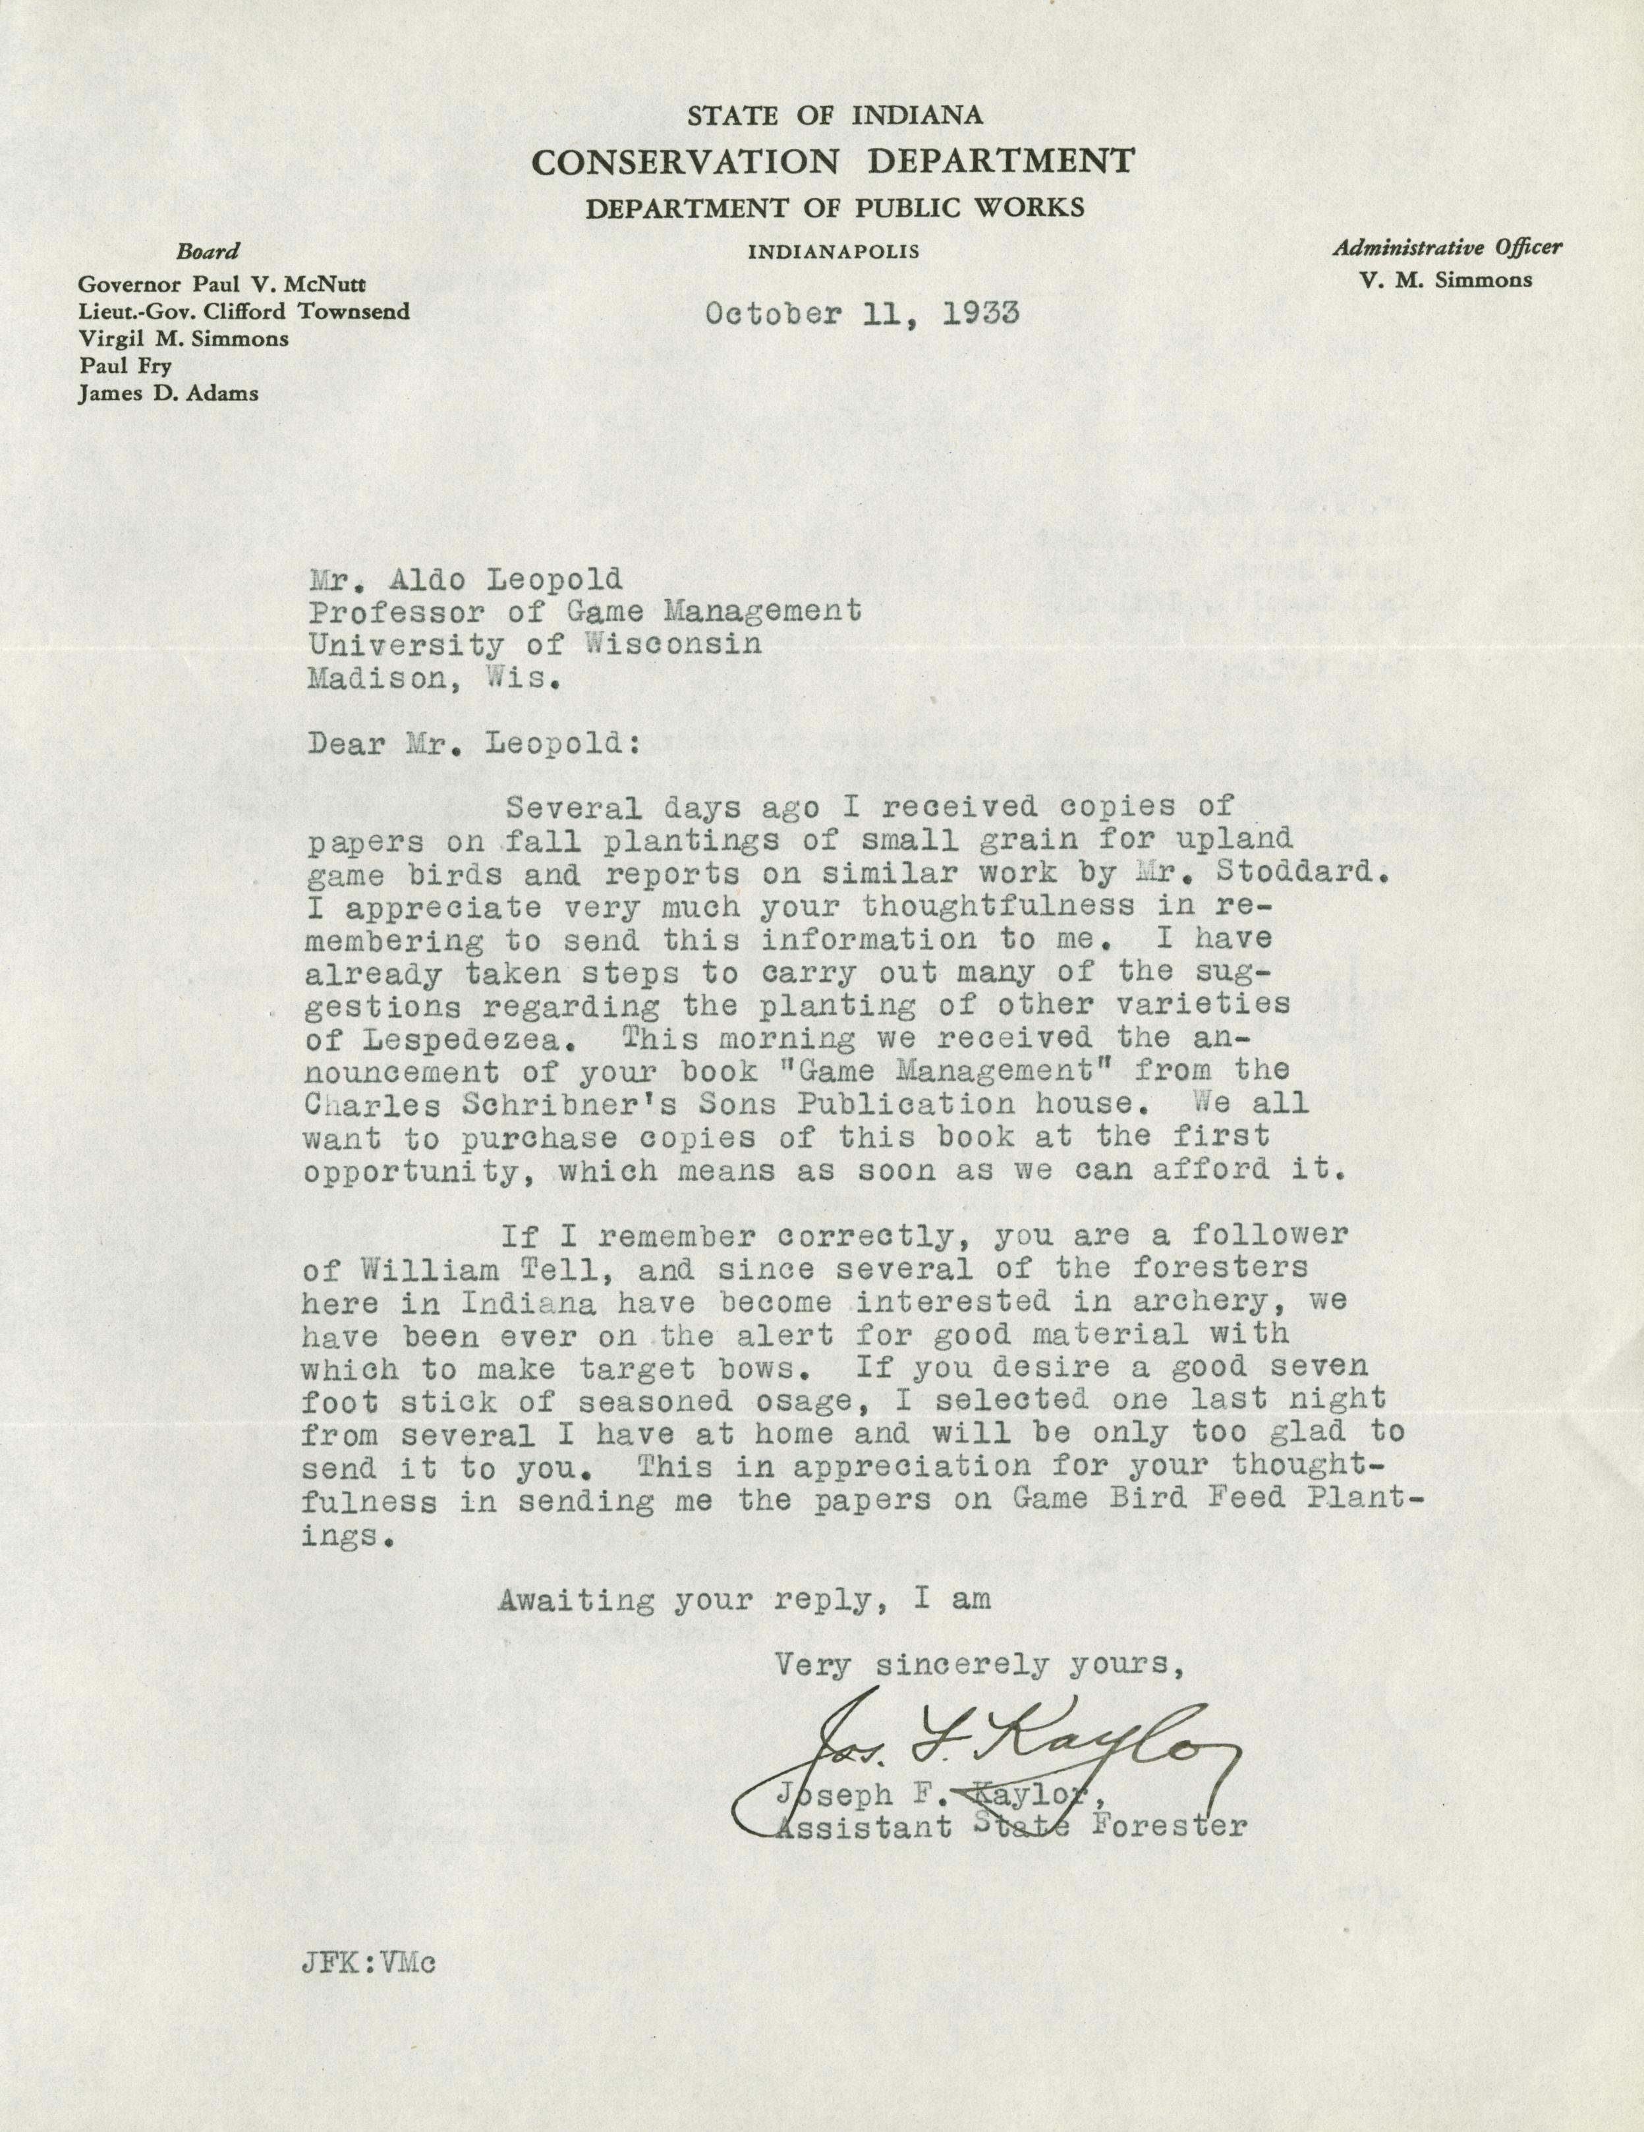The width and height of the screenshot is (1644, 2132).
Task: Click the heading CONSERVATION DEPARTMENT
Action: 835,161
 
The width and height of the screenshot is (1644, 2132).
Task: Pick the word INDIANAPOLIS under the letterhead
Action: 834,252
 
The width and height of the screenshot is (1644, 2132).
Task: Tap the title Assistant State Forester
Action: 1010,1826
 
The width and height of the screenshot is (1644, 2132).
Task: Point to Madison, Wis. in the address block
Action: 434,679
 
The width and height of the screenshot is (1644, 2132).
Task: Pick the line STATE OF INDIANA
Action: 835,116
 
